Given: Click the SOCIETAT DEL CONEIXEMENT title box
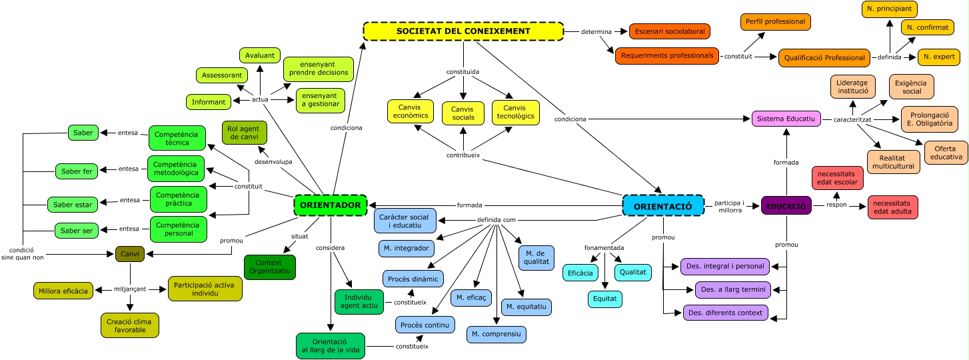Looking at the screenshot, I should tap(463, 31).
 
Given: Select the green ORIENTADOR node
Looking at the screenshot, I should tap(331, 205).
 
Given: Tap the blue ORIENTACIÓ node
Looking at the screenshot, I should tap(662, 205).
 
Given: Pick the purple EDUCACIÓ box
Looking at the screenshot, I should tap(786, 205).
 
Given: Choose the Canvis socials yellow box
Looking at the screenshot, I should tap(463, 113).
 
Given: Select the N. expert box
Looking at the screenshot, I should tap(938, 57).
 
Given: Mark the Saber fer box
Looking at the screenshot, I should tap(77, 171).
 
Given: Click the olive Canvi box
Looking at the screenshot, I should tap(130, 253).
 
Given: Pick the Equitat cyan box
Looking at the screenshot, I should tap(605, 299).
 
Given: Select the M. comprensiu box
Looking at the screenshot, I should tap(496, 334).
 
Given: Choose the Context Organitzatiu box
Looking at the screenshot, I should tap(270, 267).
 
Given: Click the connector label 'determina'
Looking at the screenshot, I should tap(596, 31).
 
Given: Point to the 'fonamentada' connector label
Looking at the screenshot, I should tap(605, 247).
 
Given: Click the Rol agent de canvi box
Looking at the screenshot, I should tap(245, 132).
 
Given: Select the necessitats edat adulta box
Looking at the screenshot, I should tap(893, 207).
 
